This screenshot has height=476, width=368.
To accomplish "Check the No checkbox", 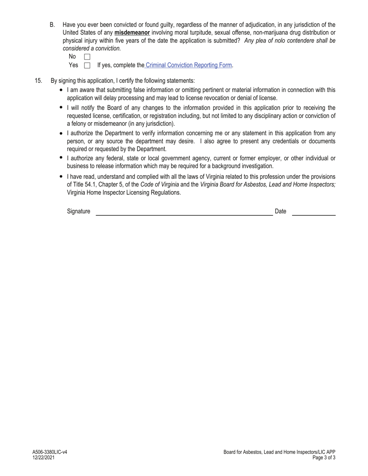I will tap(87, 57).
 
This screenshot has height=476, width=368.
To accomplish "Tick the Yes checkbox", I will tap(87, 65).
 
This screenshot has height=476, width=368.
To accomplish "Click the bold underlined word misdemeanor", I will tap(132, 33).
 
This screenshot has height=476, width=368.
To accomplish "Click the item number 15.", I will tap(38, 81).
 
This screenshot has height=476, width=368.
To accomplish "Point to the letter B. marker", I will tap(52, 25).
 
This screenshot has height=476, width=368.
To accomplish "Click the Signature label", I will tap(78, 211).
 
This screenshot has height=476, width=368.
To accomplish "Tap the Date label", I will tap(280, 211).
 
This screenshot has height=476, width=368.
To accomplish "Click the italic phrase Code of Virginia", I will tap(160, 185).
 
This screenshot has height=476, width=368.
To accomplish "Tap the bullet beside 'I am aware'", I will tap(61, 90).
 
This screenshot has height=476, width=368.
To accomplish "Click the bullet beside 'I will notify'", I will tap(61, 107).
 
